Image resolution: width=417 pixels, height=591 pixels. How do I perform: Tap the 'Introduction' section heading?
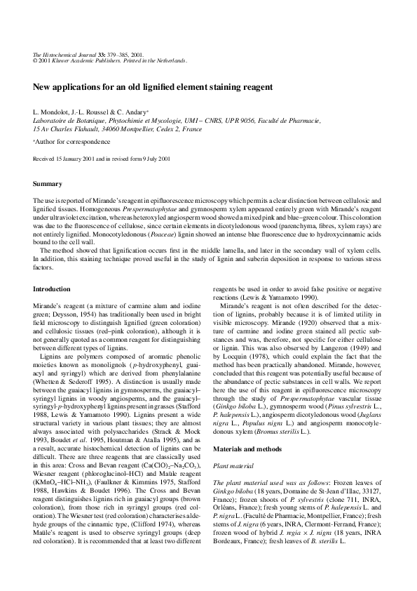point(53,289)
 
